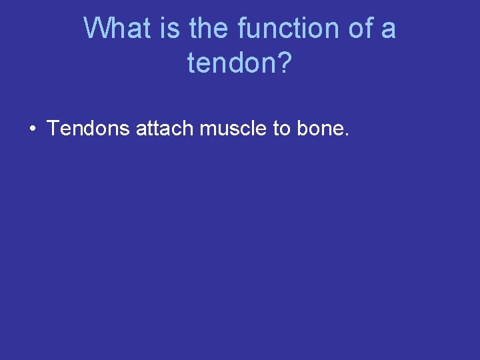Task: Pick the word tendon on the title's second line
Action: point(231,63)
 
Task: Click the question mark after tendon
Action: point(285,63)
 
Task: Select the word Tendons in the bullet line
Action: point(88,128)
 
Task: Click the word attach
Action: point(163,128)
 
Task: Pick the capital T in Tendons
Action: point(53,128)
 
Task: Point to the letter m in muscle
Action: point(207,130)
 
